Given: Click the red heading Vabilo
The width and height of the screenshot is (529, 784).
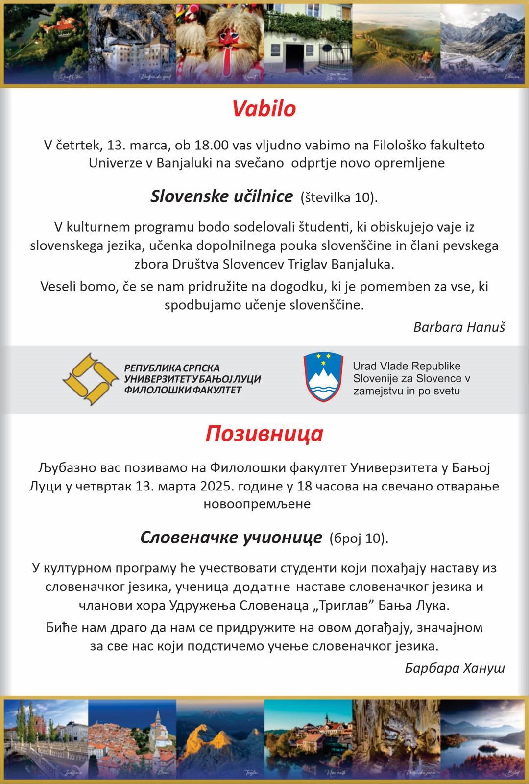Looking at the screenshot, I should click(x=264, y=108).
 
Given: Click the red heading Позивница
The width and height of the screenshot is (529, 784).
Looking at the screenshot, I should click(x=264, y=434).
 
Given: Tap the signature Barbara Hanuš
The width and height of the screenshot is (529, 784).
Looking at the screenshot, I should click(x=459, y=327).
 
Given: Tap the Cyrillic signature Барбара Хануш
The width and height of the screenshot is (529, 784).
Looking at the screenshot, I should click(x=455, y=668).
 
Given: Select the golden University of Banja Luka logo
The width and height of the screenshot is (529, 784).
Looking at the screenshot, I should click(x=90, y=379).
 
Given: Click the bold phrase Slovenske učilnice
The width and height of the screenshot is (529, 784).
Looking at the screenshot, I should click(x=221, y=196).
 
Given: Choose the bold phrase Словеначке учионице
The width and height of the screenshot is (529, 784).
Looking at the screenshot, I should click(x=231, y=538).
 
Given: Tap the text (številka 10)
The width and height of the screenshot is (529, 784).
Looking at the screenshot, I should click(x=339, y=197).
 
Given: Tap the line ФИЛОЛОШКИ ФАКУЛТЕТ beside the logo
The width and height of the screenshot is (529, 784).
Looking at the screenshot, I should click(x=183, y=390).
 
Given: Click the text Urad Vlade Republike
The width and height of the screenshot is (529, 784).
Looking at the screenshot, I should click(x=407, y=367).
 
